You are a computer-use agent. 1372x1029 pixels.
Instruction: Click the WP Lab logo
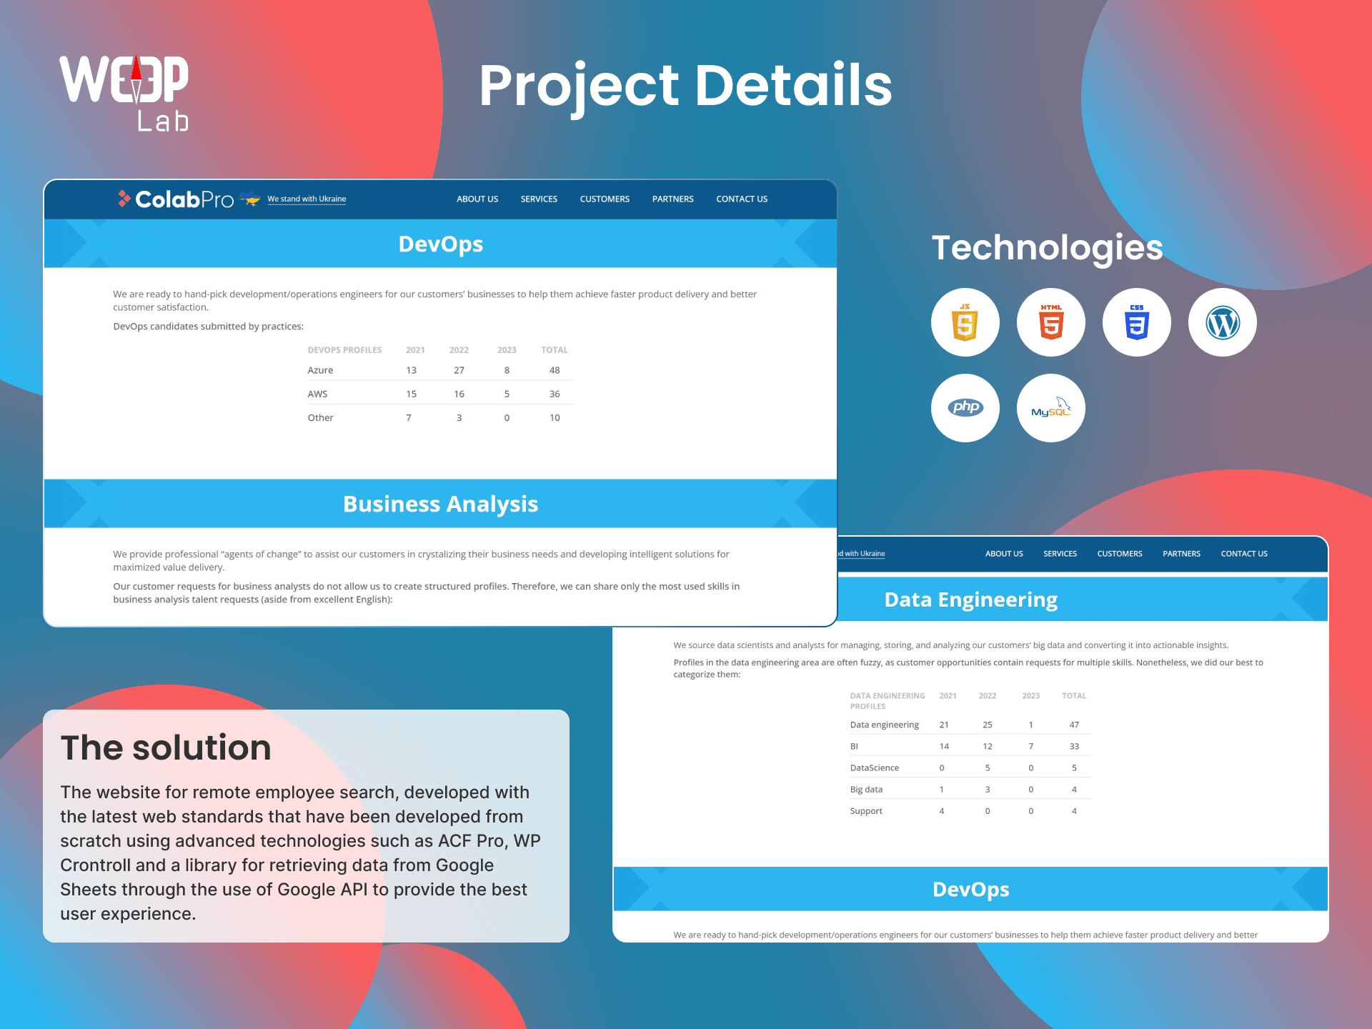coord(124,93)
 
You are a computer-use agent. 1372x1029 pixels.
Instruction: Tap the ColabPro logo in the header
coord(176,199)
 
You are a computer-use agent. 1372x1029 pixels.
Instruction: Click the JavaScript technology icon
coord(965,322)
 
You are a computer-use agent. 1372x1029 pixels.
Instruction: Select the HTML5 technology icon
coord(1050,322)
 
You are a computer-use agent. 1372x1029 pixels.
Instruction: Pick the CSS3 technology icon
coord(1136,322)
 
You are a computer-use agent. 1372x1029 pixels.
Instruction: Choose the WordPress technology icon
coord(1222,322)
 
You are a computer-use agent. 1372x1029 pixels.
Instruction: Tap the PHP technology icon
coord(965,408)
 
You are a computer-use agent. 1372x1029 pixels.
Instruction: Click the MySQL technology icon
coord(1050,408)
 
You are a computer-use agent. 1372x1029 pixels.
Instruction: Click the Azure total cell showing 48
coord(555,370)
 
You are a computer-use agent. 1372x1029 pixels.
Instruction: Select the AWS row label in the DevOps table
coord(317,394)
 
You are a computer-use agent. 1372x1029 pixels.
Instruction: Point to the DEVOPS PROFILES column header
coord(344,350)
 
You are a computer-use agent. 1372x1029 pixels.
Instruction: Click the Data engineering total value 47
coord(1074,725)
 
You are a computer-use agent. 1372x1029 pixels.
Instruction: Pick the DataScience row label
coord(875,767)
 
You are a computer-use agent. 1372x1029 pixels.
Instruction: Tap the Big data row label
coord(866,790)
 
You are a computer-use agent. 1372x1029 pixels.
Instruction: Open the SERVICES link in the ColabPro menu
coord(539,199)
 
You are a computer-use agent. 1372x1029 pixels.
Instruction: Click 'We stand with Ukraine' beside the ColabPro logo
coord(307,199)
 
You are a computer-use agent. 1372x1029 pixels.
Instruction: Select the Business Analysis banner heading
coord(440,504)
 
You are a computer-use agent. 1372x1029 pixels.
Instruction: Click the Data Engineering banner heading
coord(971,600)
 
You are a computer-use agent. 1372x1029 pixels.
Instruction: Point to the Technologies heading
coord(1048,249)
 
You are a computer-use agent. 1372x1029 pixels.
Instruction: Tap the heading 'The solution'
coord(166,747)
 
